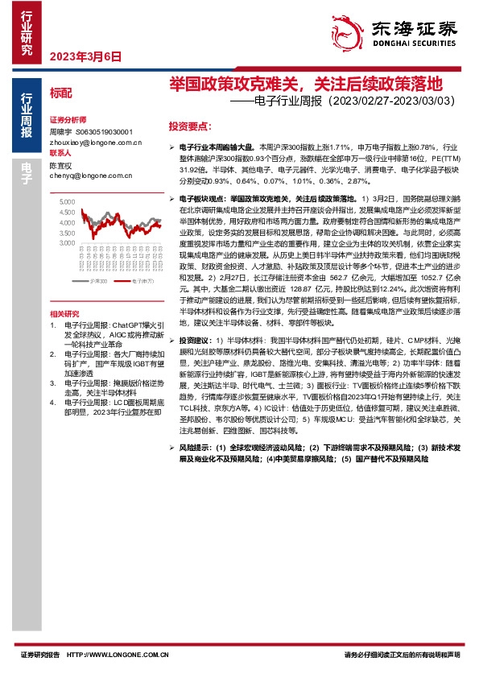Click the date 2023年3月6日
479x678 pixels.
(x=85, y=56)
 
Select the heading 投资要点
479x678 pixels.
(x=190, y=126)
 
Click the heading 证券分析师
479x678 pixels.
(x=67, y=118)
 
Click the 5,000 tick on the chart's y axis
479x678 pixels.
(x=66, y=201)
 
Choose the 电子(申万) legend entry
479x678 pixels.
(x=142, y=281)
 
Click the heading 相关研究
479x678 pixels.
(x=64, y=313)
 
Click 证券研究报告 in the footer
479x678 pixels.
(x=39, y=655)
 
